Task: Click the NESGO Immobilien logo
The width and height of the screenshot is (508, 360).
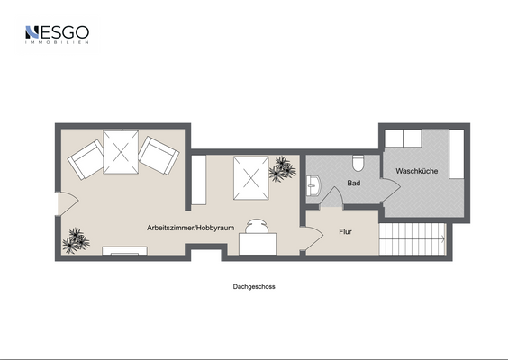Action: click(57, 34)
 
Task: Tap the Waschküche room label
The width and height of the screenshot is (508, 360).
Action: click(417, 171)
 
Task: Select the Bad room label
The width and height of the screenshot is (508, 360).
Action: click(354, 184)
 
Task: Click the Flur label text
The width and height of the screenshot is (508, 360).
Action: click(345, 232)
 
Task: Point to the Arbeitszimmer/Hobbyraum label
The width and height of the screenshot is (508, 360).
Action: click(191, 228)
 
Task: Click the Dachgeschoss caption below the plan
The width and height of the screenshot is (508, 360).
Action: click(254, 286)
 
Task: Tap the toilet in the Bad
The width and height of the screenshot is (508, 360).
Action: click(358, 163)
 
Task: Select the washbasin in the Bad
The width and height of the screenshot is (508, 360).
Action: click(313, 185)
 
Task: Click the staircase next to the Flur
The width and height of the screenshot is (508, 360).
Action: click(413, 238)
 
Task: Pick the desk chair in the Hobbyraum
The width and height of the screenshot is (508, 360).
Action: click(257, 226)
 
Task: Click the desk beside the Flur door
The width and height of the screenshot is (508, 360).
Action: click(258, 244)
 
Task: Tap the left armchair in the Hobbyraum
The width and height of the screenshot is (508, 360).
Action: click(86, 159)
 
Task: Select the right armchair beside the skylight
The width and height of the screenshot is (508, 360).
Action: click(159, 156)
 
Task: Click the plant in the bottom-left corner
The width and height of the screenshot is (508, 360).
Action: click(76, 241)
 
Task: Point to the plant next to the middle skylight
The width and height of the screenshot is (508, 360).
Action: click(282, 169)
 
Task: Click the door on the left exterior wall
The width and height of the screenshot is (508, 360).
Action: click(68, 204)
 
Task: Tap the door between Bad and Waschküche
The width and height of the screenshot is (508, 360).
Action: click(391, 191)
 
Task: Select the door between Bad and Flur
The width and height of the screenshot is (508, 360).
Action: click(331, 198)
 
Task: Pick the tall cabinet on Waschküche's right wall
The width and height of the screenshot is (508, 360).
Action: click(457, 154)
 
